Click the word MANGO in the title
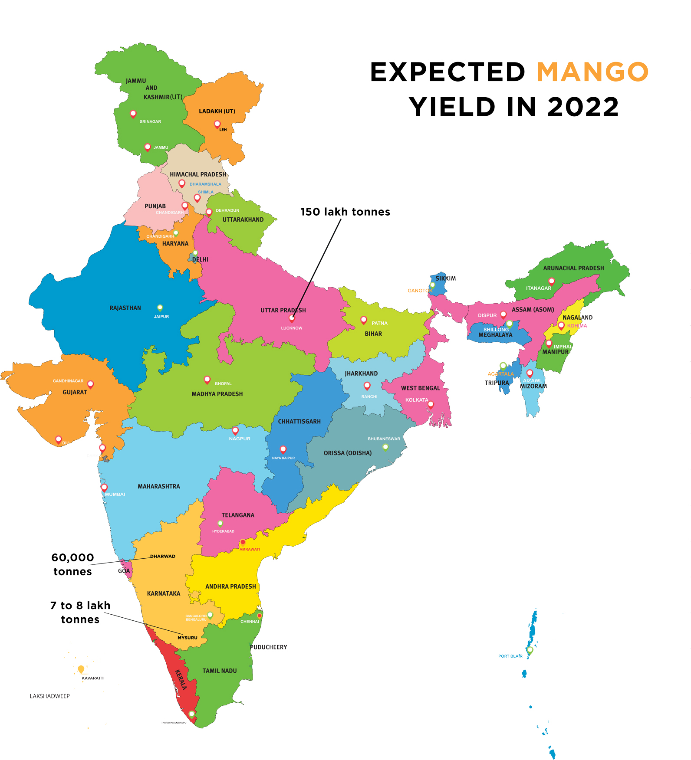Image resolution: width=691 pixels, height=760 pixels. coord(592,72)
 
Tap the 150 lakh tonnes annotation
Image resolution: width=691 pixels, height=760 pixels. coord(345,212)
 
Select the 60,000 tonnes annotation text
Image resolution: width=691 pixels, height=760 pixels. coord(72,564)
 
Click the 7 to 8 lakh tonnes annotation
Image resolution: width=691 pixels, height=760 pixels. coord(80,612)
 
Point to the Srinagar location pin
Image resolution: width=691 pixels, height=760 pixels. coord(133,114)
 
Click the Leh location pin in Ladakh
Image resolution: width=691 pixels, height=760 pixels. coord(217,124)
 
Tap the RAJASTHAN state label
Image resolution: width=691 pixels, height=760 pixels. coord(125,308)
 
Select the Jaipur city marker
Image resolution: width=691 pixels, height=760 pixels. coord(160,308)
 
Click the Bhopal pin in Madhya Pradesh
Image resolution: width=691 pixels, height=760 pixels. coord(207,380)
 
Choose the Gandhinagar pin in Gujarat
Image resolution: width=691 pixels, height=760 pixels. coord(91,384)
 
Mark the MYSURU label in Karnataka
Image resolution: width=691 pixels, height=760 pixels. coord(187,638)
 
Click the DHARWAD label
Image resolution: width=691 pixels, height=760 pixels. coord(163,556)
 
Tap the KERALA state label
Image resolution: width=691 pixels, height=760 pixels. coord(181,679)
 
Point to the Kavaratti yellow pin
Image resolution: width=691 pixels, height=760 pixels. coord(81,669)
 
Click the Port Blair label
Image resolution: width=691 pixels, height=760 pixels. coord(510,656)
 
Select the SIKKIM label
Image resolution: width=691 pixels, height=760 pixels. coord(445,278)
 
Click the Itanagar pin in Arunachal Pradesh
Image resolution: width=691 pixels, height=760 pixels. coord(552,281)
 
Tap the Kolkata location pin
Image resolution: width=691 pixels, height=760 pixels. coord(431,404)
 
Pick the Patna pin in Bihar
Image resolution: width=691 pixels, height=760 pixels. coord(364,320)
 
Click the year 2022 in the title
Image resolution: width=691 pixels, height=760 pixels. coord(582,107)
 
